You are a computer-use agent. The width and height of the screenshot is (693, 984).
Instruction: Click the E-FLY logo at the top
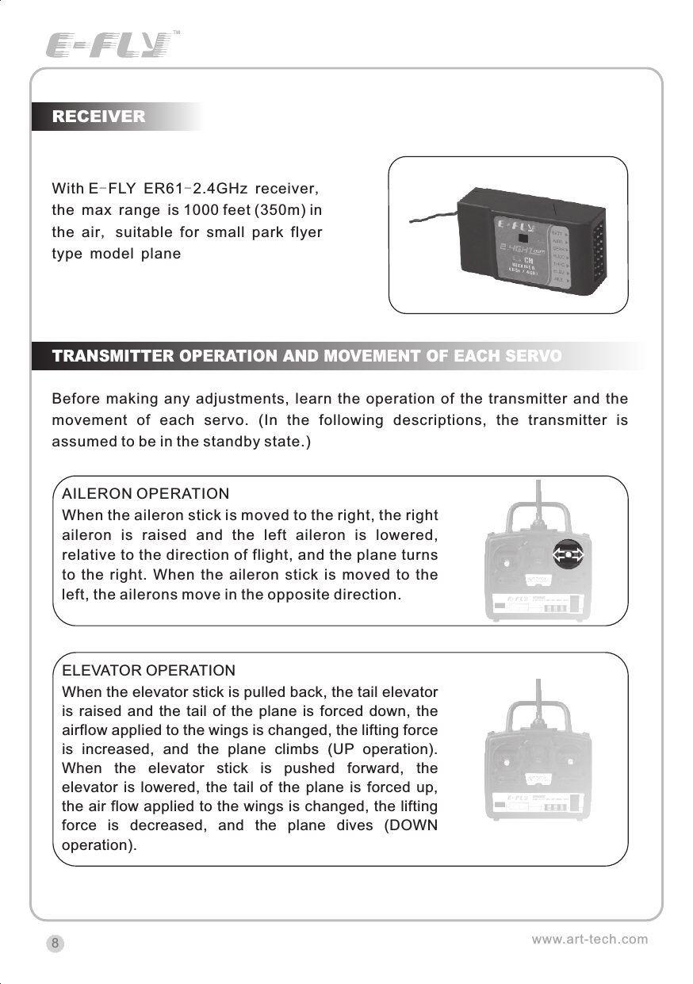(109, 44)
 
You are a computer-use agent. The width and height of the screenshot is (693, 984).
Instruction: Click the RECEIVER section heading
(98, 117)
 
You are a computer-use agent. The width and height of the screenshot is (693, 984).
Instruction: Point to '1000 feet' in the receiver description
(212, 210)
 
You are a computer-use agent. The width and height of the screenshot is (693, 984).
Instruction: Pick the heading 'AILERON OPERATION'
(145, 495)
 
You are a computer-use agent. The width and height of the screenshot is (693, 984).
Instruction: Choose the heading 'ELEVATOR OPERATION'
(148, 671)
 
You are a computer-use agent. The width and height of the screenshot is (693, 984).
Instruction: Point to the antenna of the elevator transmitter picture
(539, 698)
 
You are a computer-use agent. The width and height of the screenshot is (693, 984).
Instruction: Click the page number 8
(55, 944)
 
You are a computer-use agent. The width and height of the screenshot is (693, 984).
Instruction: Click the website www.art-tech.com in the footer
(589, 940)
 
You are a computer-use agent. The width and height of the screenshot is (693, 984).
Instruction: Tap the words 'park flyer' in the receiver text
(282, 232)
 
